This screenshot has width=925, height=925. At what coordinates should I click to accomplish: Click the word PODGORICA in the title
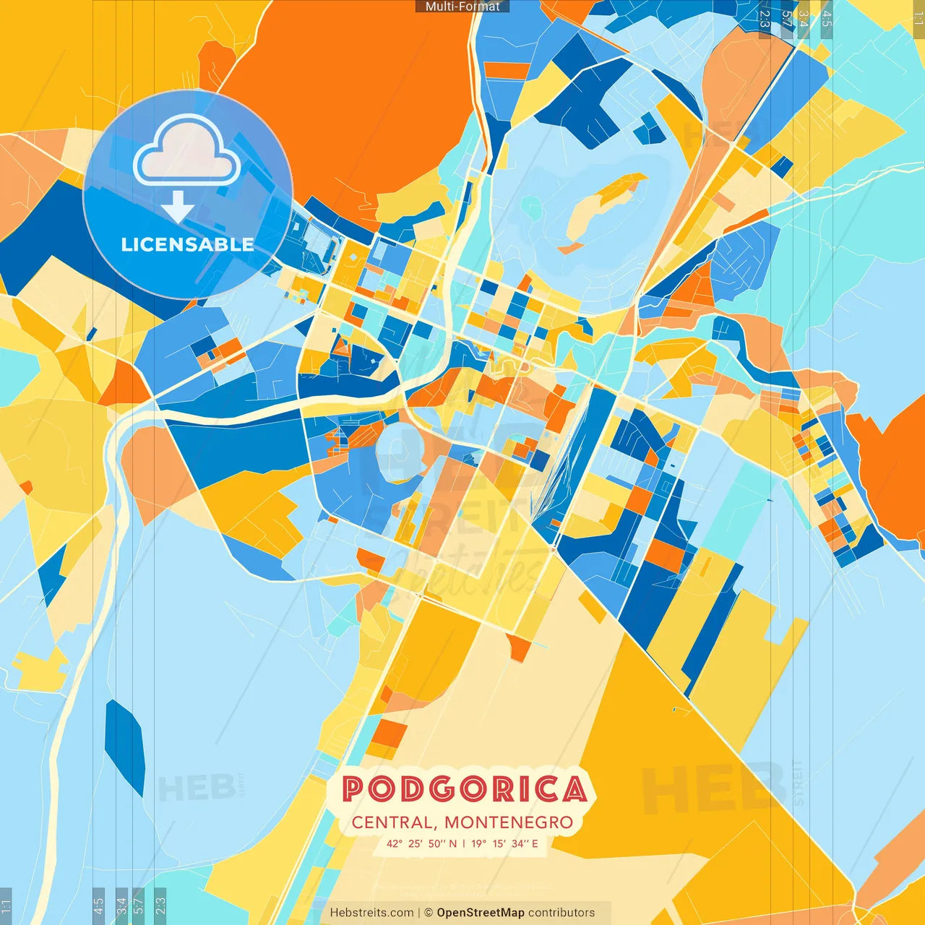464,789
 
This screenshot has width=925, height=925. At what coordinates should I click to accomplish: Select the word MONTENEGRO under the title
508,822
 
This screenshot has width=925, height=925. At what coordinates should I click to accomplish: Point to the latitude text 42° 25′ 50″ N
421,843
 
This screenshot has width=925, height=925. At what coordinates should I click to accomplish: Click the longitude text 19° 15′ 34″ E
504,843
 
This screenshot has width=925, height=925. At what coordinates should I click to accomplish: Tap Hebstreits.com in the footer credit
371,913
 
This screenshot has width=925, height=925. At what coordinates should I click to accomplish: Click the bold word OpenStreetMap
480,913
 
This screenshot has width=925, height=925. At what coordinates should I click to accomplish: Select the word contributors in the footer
562,913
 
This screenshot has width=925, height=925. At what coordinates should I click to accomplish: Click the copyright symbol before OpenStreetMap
429,913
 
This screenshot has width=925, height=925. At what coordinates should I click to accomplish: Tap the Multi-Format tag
462,7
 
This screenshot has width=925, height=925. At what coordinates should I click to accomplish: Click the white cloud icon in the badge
187,152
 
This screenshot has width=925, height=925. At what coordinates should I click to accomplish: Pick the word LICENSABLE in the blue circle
187,244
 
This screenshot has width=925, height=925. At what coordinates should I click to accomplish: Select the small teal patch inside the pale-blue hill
531,208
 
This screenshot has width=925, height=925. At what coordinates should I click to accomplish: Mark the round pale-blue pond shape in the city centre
397,451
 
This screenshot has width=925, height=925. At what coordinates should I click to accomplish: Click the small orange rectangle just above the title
388,733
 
